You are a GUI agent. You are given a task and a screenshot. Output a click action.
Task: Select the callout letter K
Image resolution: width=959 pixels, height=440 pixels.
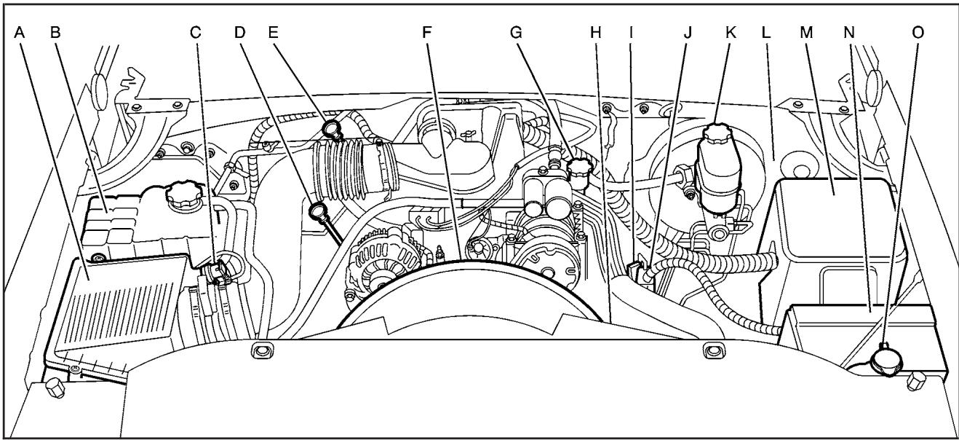[x=716, y=34]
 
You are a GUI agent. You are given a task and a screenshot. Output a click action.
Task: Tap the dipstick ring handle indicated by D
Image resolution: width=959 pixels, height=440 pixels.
[x=318, y=212]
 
